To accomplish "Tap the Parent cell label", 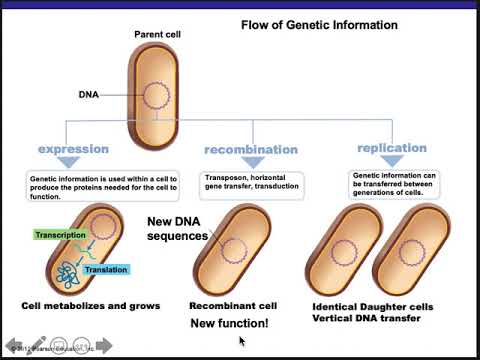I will (x=157, y=35).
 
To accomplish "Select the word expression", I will (x=73, y=150).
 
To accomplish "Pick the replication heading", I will (x=392, y=148).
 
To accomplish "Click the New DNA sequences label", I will (x=177, y=229).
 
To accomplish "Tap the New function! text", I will (x=229, y=324).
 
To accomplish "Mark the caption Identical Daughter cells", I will (x=375, y=306).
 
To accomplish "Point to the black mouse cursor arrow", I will (x=242, y=341).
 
